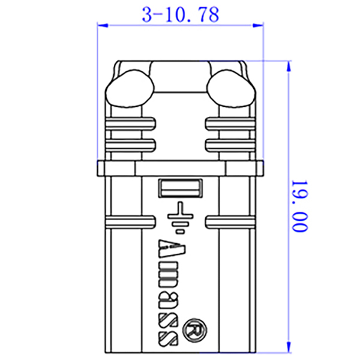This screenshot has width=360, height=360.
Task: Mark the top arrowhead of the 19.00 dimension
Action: coord(290,64)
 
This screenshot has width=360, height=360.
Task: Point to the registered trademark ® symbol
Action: coord(196,328)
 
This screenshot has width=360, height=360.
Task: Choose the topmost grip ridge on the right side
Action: coord(230,124)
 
